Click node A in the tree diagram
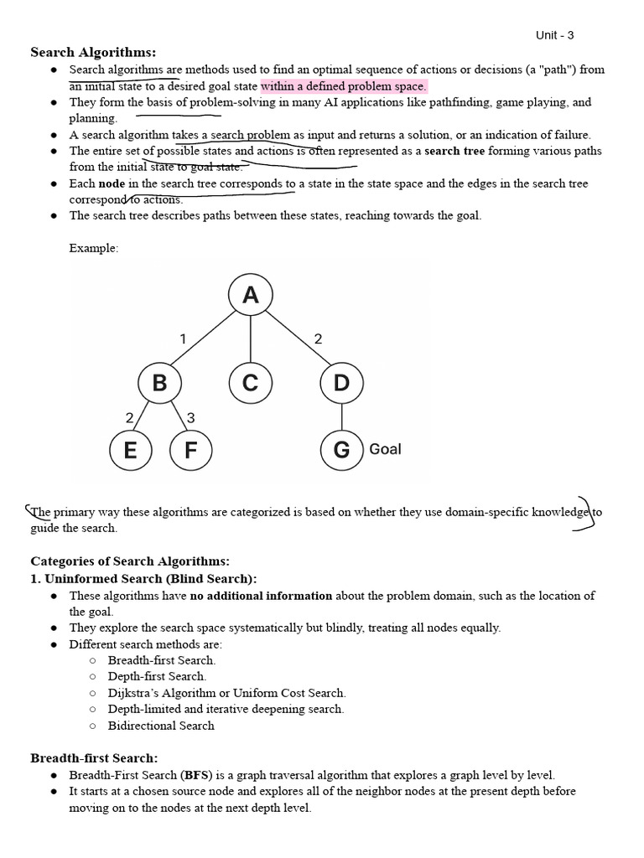pos(250,295)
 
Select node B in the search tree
pos(159,383)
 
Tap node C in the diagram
pos(250,383)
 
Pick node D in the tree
pos(341,383)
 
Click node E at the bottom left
pos(130,450)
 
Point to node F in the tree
pos(190,450)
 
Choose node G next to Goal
pos(341,450)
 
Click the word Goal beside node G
pos(385,449)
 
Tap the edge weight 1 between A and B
pos(182,339)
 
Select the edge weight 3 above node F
pos(191,417)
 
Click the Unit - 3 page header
pos(554,35)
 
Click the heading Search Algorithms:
pos(93,53)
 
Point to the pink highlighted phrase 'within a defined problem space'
pos(344,86)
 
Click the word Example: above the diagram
pos(94,248)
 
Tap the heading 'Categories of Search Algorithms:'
pos(130,561)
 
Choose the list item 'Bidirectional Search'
pos(161,726)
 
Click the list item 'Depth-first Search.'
pos(157,676)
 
